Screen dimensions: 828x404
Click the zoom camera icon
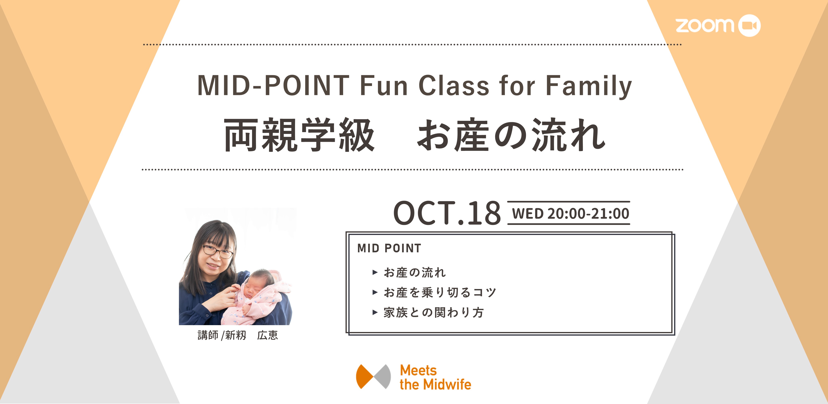click(x=749, y=25)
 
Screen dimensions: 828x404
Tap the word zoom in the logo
click(x=705, y=25)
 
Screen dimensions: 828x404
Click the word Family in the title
click(x=589, y=86)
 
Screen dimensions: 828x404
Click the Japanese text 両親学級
click(x=299, y=135)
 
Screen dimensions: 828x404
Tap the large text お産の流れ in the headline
click(x=511, y=135)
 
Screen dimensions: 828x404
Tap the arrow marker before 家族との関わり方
click(x=375, y=312)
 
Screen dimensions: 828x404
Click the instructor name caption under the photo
click(x=237, y=335)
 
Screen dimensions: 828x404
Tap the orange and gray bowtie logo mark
click(x=373, y=376)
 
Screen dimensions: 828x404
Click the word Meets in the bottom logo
click(x=418, y=371)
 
